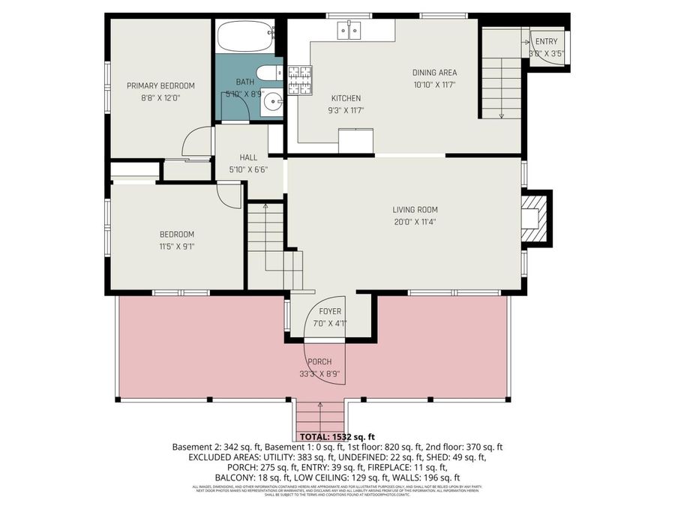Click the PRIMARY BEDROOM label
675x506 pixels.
160,85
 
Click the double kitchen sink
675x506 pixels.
349,30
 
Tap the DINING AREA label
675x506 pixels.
434,73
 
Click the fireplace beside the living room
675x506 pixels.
534,217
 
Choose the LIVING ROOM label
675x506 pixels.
415,210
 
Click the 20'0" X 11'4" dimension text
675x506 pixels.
415,221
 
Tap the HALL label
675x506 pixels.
248,157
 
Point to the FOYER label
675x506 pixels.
330,312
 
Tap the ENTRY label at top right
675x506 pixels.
546,41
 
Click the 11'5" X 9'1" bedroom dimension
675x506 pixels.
176,246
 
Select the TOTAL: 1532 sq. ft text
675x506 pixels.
337,436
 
